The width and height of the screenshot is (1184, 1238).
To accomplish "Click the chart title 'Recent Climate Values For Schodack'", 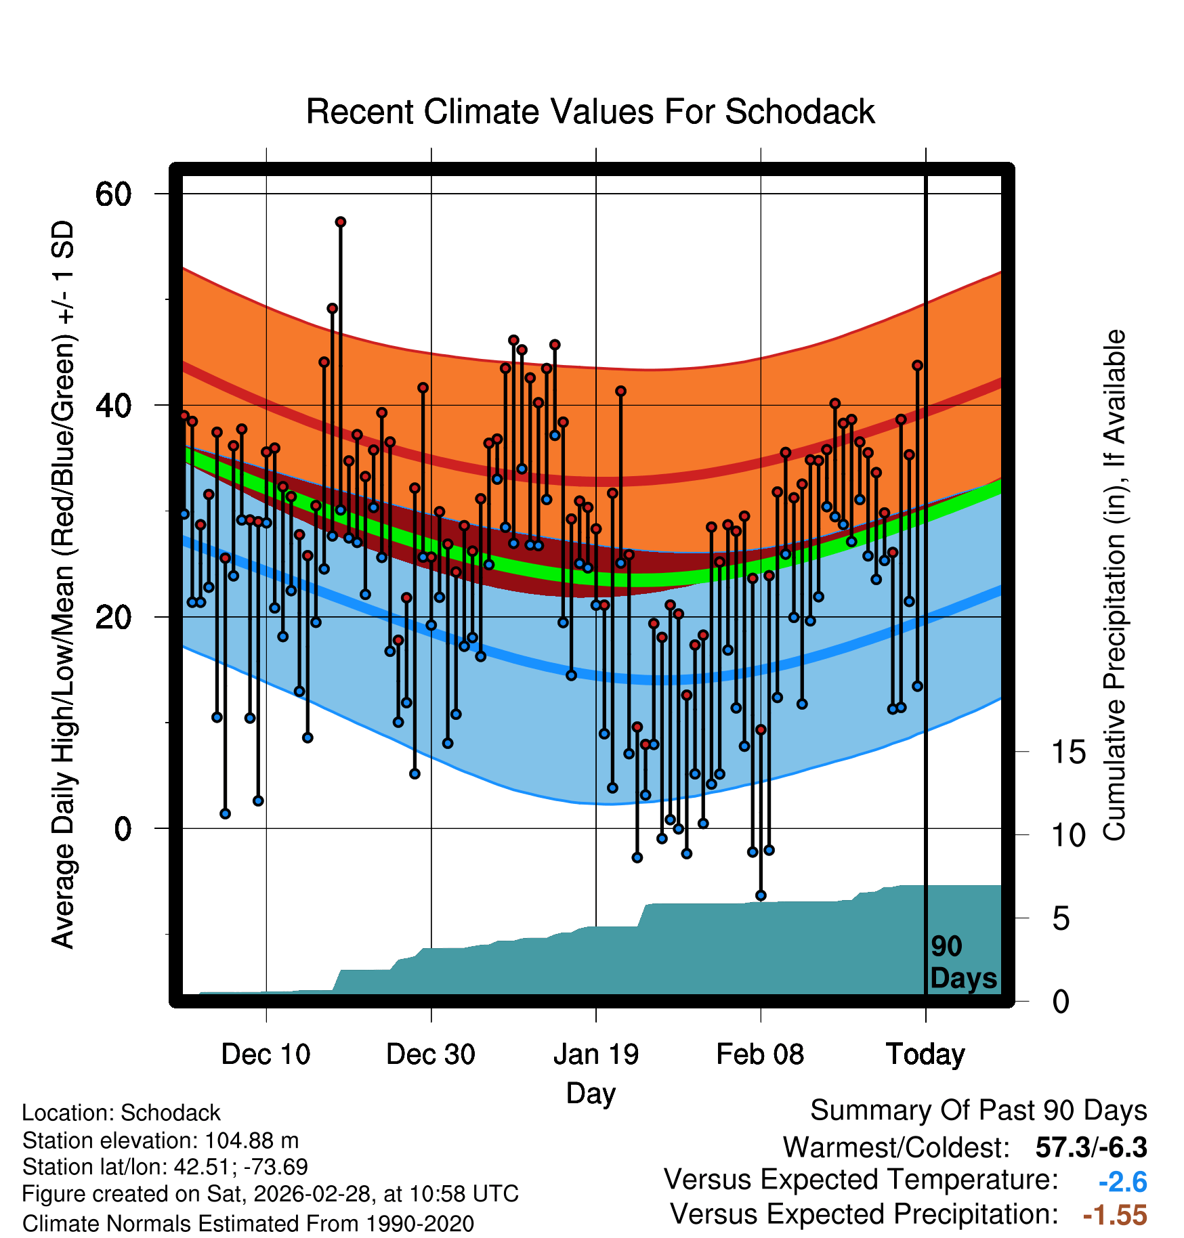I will [590, 112].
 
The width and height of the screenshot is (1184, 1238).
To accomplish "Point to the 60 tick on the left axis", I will [113, 194].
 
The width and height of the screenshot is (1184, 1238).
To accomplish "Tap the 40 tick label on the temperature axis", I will [113, 406].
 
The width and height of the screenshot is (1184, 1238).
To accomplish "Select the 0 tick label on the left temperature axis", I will [123, 829].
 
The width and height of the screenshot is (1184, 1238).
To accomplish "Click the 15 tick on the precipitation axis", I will [1068, 752].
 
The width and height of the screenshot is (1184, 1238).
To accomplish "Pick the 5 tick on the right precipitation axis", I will [1061, 919].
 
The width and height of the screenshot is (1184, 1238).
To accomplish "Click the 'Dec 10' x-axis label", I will [266, 1054].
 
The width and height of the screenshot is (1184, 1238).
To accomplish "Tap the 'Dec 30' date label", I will [431, 1054].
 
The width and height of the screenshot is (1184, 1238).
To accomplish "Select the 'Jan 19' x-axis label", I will [596, 1054].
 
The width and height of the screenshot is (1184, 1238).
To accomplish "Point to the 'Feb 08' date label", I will [760, 1054].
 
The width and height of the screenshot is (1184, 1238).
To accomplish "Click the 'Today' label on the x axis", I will [925, 1054].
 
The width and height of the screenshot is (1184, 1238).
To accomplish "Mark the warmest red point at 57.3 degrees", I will [341, 222].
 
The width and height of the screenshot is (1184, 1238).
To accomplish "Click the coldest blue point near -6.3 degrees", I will [761, 895].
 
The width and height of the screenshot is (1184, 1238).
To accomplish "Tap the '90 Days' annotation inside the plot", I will [963, 962].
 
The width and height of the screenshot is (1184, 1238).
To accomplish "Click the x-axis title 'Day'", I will [591, 1093].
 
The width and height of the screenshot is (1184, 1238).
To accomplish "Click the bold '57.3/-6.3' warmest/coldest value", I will [1091, 1147].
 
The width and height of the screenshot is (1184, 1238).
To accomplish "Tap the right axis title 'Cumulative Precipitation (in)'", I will [1114, 585].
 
